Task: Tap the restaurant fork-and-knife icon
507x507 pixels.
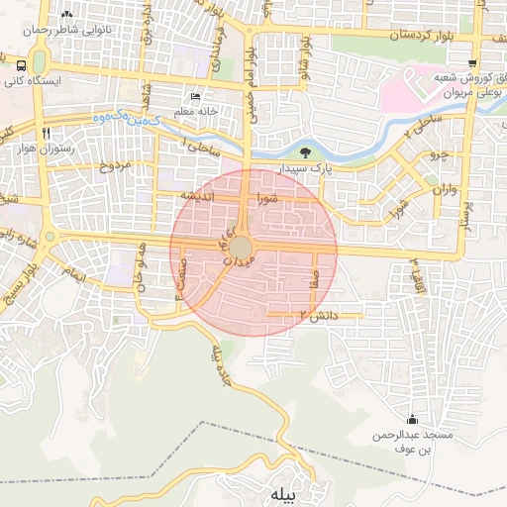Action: click(46, 132)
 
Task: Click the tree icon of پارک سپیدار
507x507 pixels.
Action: click(305, 152)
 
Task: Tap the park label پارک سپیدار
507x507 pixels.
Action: click(318, 169)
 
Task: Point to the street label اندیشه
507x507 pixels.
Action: click(197, 197)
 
